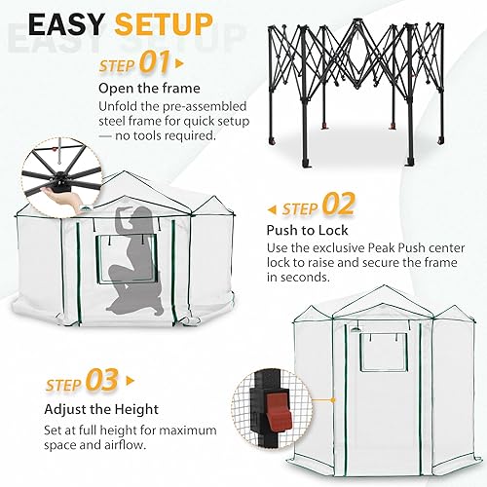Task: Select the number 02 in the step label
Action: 338,207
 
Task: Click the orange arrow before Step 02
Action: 272,207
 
